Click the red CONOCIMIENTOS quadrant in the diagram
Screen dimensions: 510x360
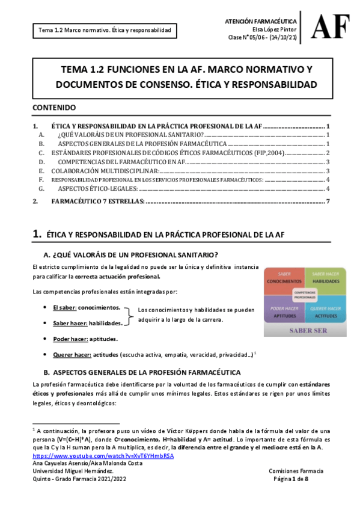coord(284,277)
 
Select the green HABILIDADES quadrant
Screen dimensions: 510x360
coord(325,277)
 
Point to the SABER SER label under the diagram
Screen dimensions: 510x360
coord(305,330)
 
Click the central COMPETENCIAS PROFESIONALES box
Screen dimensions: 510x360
coord(305,294)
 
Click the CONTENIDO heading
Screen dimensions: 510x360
coord(54,108)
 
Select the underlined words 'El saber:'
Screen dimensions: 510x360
coord(64,307)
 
